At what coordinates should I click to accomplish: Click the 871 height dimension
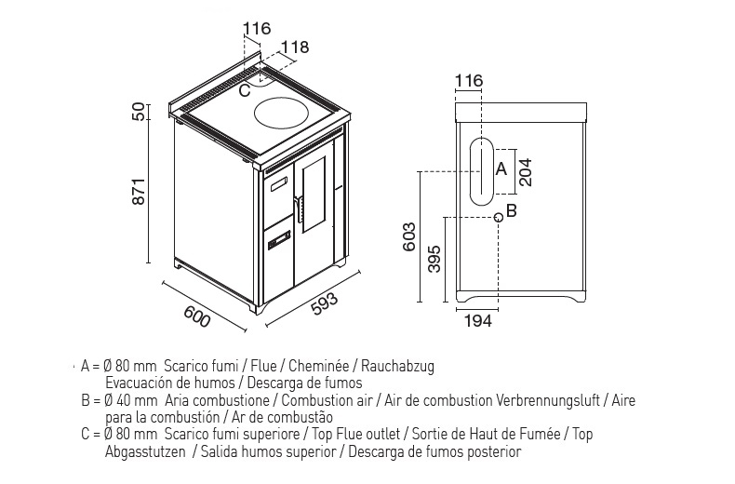[140, 191]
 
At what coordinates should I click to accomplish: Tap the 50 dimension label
[140, 112]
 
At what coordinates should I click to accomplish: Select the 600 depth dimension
[196, 316]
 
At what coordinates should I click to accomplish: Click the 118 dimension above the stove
[295, 47]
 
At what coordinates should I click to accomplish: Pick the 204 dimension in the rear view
[526, 172]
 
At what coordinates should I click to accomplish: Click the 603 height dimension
[409, 236]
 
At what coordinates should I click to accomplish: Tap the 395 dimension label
[434, 259]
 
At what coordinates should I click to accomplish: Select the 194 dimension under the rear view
[478, 321]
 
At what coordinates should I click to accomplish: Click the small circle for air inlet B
[499, 217]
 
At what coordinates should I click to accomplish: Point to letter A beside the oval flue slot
[501, 168]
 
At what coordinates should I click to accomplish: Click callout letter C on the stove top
[245, 90]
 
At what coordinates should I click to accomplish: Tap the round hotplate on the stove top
[282, 114]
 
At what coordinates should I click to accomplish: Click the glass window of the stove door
[314, 195]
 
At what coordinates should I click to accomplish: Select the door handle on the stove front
[297, 208]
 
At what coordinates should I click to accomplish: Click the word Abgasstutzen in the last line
[145, 452]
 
